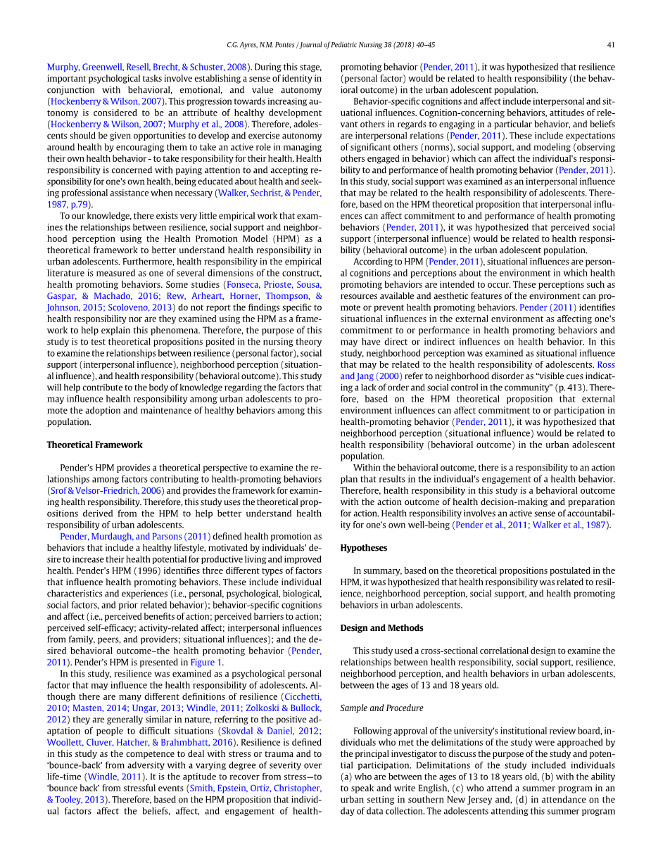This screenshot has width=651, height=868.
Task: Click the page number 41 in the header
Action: click(x=611, y=45)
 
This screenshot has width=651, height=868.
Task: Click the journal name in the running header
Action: click(x=368, y=45)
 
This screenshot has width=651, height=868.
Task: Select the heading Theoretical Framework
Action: click(x=94, y=445)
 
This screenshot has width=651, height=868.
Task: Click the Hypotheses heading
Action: click(x=363, y=547)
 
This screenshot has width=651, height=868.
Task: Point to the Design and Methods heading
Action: click(x=381, y=627)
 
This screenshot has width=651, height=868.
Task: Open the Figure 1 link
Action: click(x=207, y=662)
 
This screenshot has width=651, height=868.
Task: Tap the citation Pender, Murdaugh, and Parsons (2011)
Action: click(x=134, y=536)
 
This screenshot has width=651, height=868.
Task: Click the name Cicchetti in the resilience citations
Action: click(x=302, y=696)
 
